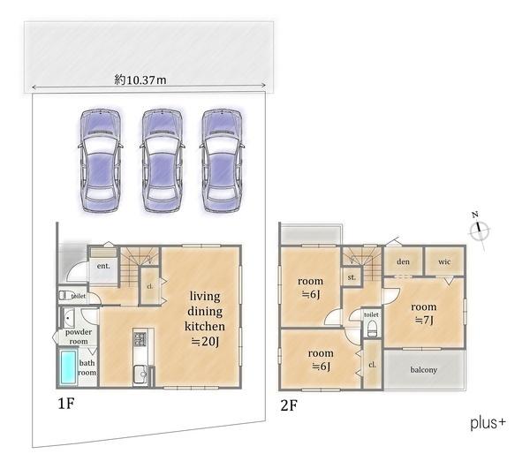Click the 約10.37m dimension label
[x=140, y=80]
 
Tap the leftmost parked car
[x=101, y=161]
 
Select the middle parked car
[x=163, y=161]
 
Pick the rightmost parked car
[x=222, y=161]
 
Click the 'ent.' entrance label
[x=103, y=266]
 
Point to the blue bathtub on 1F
[x=68, y=367]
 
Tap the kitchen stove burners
[x=140, y=339]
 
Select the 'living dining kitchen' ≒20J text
[x=205, y=319]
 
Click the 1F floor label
[x=66, y=404]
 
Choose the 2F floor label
[x=289, y=405]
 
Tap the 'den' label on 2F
[x=404, y=261]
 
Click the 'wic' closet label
[x=444, y=261]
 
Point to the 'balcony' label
[x=424, y=370]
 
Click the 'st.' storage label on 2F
[x=352, y=277]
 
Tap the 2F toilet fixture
[x=372, y=328]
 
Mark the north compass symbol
[x=480, y=231]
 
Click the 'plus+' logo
[x=488, y=423]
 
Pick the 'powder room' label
[x=79, y=337]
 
